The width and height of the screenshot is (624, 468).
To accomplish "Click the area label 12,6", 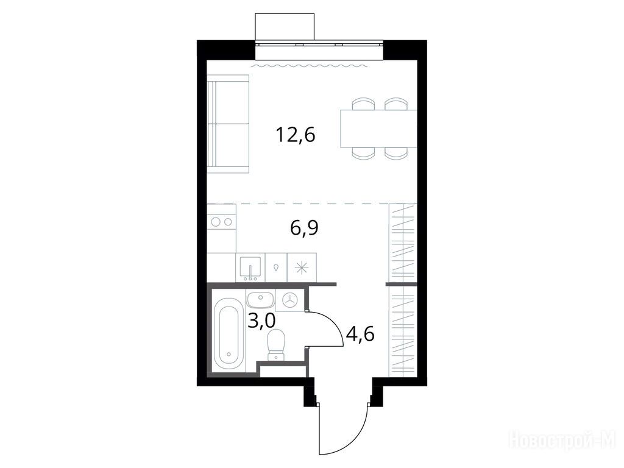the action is (295, 135).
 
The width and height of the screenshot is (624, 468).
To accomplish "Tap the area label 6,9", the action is (305, 229).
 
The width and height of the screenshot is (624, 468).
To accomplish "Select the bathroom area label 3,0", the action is (261, 321).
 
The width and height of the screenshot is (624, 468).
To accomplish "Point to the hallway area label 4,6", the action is (360, 335).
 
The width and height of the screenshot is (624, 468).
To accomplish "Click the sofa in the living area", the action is (228, 124).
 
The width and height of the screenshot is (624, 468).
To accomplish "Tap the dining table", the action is (378, 129).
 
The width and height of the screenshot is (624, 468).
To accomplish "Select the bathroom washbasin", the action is (260, 300).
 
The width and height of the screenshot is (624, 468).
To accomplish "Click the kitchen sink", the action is (250, 268).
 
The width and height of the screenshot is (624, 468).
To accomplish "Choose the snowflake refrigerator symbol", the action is (302, 268).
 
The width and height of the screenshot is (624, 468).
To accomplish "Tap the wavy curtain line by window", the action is (310, 65).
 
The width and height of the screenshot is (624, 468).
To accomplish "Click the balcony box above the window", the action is (285, 27).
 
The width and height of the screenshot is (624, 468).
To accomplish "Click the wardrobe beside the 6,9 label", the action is (403, 243).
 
